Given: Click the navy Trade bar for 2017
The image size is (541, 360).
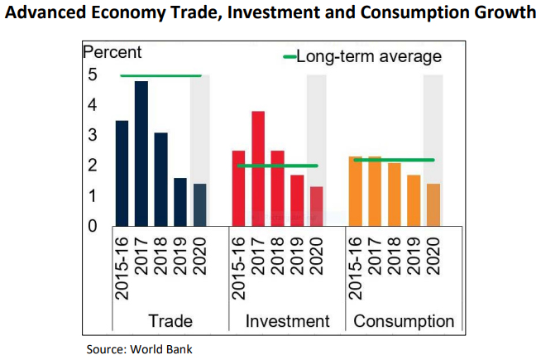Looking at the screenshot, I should click(x=141, y=153).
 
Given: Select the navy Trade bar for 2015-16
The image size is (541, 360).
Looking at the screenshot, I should click(x=122, y=173).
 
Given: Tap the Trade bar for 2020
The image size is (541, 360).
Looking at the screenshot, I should click(x=200, y=204).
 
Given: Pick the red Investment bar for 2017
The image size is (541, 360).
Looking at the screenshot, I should click(x=258, y=168).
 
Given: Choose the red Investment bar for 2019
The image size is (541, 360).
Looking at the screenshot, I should click(x=297, y=199).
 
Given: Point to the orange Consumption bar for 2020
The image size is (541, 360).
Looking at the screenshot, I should click(x=433, y=204).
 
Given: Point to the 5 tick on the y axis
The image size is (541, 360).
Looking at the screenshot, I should click(x=93, y=75).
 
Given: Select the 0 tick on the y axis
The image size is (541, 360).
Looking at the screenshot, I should click(x=93, y=225).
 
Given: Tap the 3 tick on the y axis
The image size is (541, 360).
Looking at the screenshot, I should click(x=93, y=135).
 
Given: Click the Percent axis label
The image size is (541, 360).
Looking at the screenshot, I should click(x=113, y=52).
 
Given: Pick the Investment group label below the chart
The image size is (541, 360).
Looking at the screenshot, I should click(x=288, y=321).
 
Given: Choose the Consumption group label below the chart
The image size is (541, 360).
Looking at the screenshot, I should click(x=404, y=321).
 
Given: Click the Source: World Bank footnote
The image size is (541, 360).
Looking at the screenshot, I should click(x=139, y=348).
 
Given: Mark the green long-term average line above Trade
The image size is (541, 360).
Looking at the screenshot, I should click(x=160, y=75).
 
